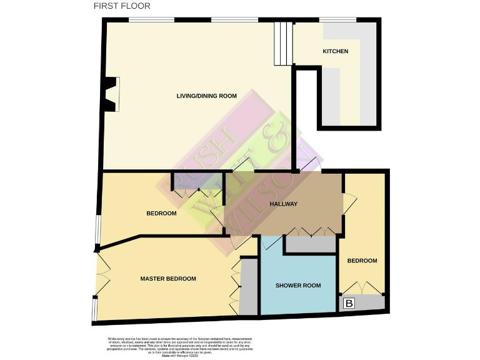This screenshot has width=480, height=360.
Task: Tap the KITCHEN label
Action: pos(335,51)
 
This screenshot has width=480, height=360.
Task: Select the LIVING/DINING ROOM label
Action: pos(206,96)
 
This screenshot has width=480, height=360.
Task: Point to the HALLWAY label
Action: pos(283,204)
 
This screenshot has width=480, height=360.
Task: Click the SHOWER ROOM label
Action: pos(298,286)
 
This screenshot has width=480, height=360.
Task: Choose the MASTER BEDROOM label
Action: pos(168,279)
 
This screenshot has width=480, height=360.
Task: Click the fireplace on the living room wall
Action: pos(112,94)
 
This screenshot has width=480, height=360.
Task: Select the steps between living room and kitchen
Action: pos(282,43)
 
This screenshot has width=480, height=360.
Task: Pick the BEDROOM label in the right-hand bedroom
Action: pos(362,261)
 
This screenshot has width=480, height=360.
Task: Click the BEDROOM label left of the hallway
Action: pos(161,213)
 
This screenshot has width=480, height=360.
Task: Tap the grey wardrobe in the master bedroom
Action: pos(249,287)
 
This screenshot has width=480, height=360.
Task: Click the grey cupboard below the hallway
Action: pos(310,245)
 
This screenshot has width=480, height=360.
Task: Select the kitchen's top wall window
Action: pos(337,20)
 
